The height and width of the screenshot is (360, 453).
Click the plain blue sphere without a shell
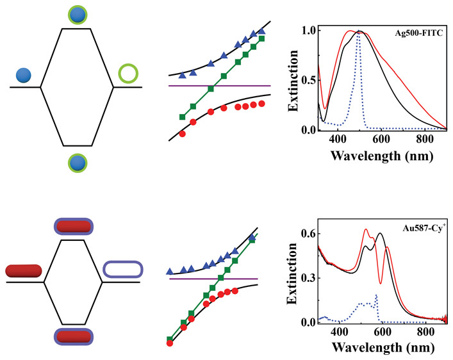point(25,75)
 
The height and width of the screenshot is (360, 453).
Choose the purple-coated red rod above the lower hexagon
point(74,226)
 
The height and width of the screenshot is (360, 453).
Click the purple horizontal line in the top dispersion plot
point(218,86)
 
